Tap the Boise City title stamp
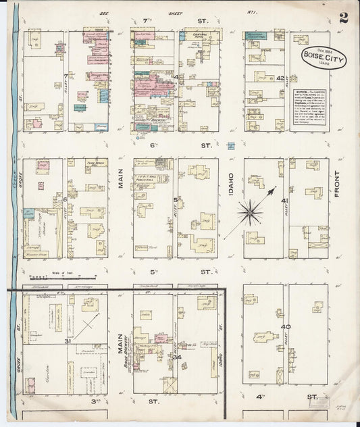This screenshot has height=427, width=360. point(323,57)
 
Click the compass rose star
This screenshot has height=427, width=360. point(251,213)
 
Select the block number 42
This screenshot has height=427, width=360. point(280,78)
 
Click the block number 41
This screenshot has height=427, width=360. point(286,201)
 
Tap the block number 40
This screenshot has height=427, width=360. point(286,327)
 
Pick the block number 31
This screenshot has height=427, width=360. point(67,341)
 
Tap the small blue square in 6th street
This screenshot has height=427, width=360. point(231,145)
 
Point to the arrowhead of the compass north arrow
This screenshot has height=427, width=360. point(272,191)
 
